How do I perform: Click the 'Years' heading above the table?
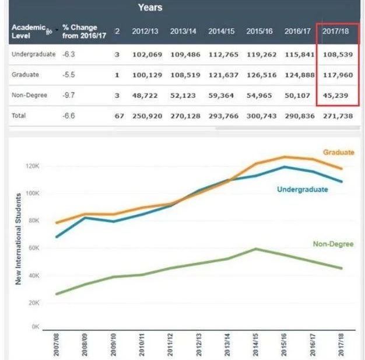coord(150,8)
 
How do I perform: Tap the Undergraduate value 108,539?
coord(336,54)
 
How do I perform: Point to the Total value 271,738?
coord(336,116)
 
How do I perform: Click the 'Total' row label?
coord(19,116)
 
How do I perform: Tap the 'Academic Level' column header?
coord(26,31)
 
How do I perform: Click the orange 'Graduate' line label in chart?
coord(339,152)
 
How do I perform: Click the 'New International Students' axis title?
coord(19,239)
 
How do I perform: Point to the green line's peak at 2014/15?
coord(255,249)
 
